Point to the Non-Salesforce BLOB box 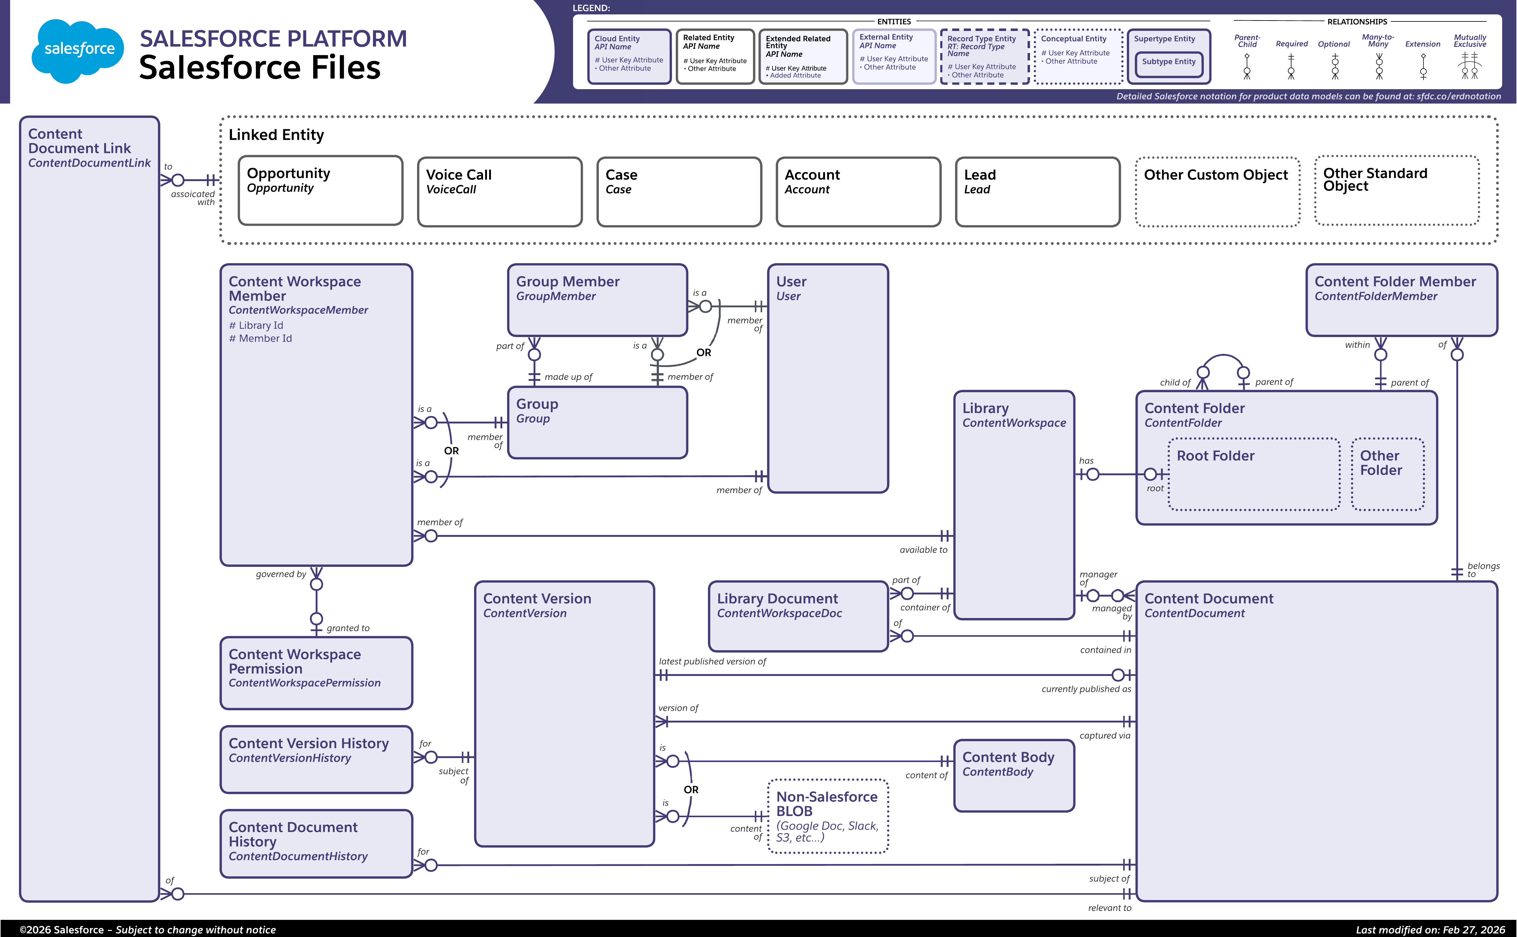(x=828, y=816)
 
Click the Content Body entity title (x=1008, y=757)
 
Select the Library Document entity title (x=777, y=599)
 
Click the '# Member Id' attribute (x=260, y=338)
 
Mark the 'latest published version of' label (x=712, y=661)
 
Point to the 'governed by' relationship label (x=281, y=574)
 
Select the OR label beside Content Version (x=691, y=790)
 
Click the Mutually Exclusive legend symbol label (x=1469, y=41)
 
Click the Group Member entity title (x=568, y=281)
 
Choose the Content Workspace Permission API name (x=304, y=683)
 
